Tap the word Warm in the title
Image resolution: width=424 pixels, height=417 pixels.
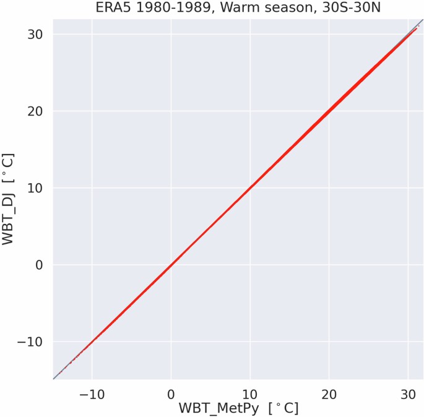pyautogui.click(x=227, y=8)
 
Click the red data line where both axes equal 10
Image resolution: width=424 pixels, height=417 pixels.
pyautogui.click(x=250, y=188)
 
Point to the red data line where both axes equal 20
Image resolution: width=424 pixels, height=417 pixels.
pyautogui.click(x=329, y=111)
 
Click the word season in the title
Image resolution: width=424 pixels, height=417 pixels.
pyautogui.click(x=268, y=8)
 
